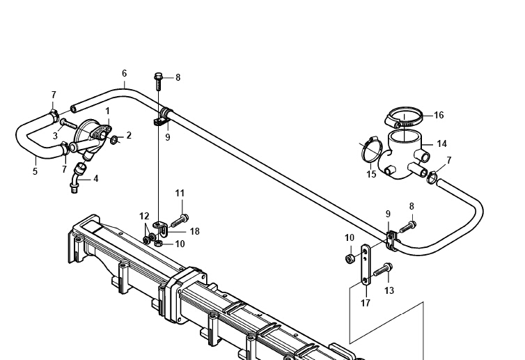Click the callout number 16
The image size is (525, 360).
coord(439,115)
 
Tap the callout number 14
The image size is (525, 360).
coord(441,144)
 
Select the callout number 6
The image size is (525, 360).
coord(125,73)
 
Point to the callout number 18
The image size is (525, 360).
coord(194,231)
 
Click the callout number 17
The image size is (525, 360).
coord(366,303)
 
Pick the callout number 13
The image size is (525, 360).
coord(389,290)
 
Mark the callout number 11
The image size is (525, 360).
coord(180,193)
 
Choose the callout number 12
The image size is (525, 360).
coord(144,217)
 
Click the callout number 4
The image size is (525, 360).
coord(96,179)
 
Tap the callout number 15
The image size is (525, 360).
coord(371,175)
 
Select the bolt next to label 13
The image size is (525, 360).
coord(383,269)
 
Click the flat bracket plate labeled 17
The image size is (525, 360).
coord(366,265)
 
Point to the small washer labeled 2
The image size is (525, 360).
coord(113,140)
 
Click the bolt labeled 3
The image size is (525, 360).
coord(68,125)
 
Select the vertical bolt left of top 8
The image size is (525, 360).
coord(158,81)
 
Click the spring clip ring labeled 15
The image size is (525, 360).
coord(371,150)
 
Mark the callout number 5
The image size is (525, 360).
coord(35,171)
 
